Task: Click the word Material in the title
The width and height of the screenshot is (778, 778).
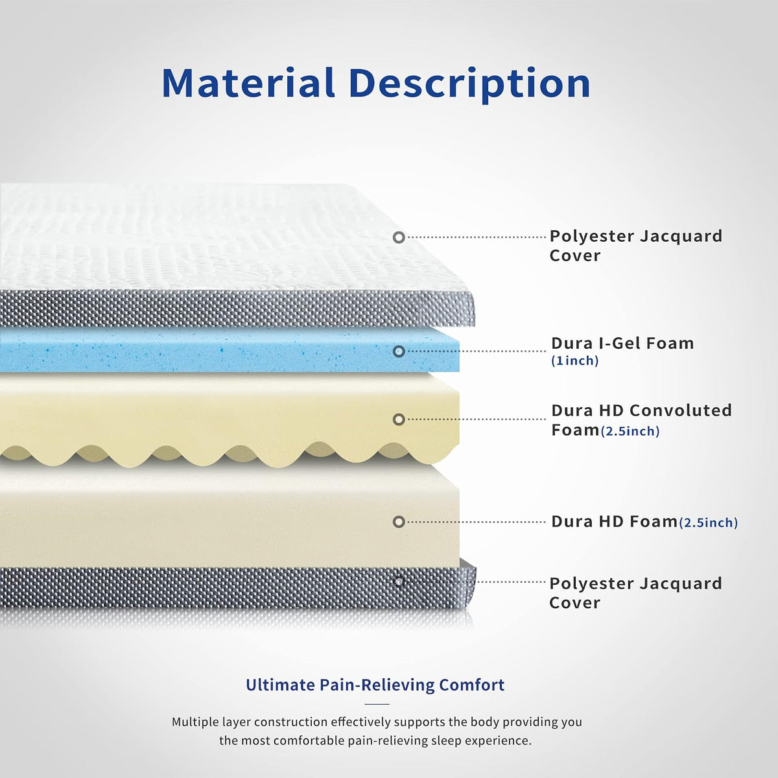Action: click(248, 83)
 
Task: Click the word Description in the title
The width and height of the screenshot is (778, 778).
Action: click(470, 84)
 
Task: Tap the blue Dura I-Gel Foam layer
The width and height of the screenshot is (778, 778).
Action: click(230, 350)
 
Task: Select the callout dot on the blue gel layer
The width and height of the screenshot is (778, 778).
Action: click(399, 351)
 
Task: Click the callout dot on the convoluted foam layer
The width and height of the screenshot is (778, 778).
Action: click(399, 419)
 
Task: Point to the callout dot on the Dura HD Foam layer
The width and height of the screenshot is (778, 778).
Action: click(399, 522)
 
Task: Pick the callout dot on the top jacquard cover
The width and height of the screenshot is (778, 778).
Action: click(399, 237)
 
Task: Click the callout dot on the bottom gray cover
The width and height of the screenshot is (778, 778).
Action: click(399, 582)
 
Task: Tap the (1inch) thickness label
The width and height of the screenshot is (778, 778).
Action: click(575, 360)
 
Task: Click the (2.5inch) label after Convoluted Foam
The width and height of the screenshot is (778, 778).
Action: click(630, 432)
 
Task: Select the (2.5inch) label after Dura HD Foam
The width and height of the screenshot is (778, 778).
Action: click(709, 523)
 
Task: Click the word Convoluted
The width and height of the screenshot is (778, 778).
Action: click(681, 410)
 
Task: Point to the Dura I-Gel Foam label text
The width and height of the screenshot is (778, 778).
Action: click(622, 343)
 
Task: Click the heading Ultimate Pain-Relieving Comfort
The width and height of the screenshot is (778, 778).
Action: click(375, 685)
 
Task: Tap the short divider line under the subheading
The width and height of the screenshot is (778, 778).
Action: click(377, 704)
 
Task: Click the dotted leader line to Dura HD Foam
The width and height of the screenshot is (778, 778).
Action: click(477, 522)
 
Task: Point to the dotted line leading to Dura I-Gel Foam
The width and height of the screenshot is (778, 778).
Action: click(477, 351)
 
